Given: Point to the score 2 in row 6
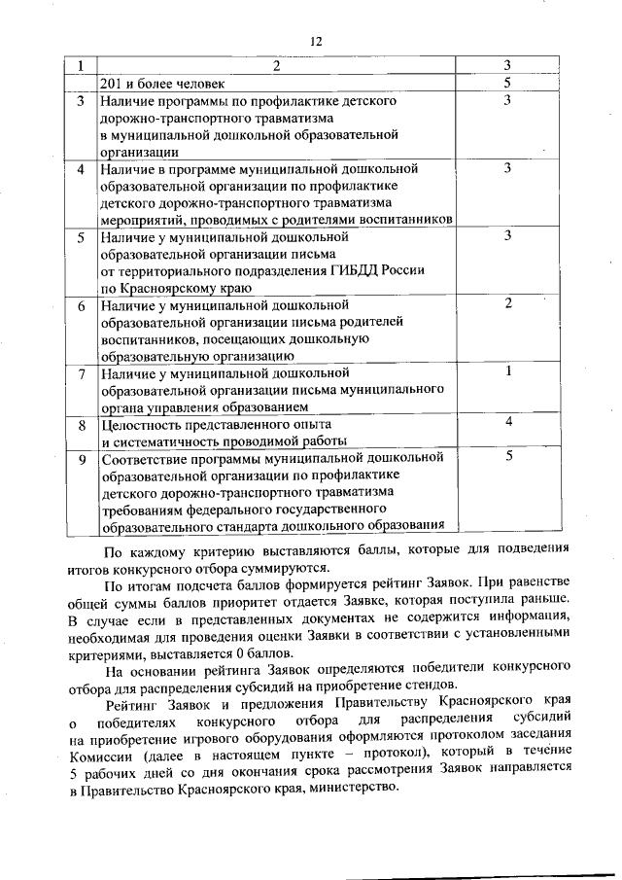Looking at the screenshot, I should [507, 304].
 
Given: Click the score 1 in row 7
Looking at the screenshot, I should [507, 371].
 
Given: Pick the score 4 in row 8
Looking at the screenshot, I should [507, 421].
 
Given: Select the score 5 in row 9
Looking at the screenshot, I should [507, 455].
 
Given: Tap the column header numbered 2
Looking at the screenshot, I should [276, 66].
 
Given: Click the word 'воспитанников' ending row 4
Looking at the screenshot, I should [405, 220].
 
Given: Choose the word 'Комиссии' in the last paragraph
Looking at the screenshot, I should [101, 753].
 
